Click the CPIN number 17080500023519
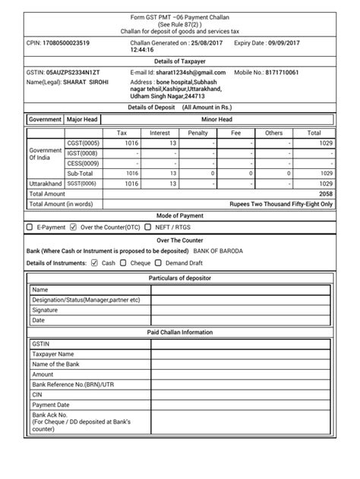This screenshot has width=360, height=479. point(68,44)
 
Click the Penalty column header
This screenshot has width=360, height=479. point(197,133)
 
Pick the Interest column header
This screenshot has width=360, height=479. point(159,133)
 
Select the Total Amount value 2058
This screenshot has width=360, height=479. point(324,193)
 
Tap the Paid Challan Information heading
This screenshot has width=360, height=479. point(179,332)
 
